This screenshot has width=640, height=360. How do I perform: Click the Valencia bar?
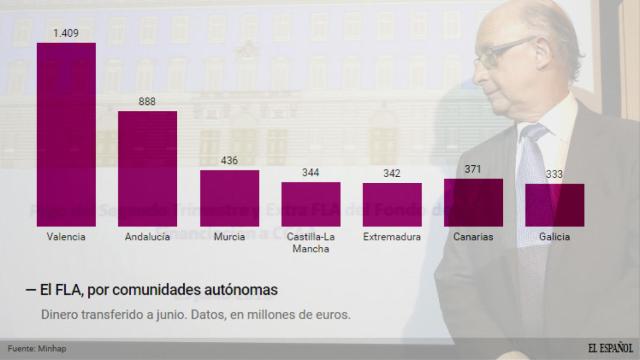click(x=66, y=135)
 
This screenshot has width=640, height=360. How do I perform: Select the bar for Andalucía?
click(x=148, y=169)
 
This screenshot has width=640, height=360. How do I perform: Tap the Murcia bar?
click(x=229, y=199)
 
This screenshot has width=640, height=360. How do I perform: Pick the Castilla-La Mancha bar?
click(x=310, y=205)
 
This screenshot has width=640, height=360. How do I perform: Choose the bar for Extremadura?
click(x=392, y=205)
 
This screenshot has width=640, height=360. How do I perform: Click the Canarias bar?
click(x=473, y=203)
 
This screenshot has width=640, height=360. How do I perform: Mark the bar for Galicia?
click(x=554, y=206)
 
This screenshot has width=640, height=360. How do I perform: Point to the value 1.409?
click(x=66, y=33)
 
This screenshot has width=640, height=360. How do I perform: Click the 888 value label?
click(x=148, y=102)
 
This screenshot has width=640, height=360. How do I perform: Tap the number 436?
click(x=229, y=161)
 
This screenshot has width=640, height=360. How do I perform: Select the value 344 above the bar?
click(x=310, y=173)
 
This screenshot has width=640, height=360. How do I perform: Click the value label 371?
click(x=473, y=169)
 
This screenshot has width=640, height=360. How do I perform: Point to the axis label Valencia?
click(x=66, y=237)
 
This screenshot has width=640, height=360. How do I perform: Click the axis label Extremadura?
click(x=392, y=237)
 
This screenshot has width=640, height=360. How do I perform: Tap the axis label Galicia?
click(x=554, y=237)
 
